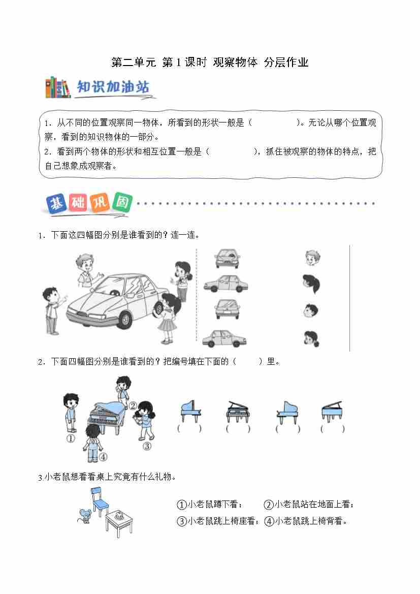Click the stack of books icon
tap(58, 87)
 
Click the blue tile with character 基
tap(57, 204)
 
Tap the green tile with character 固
tap(122, 202)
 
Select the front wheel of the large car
tap(124, 319)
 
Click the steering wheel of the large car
tap(112, 293)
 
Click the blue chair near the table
tap(99, 502)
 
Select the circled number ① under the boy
tap(71, 439)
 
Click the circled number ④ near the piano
tap(104, 457)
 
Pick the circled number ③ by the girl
tap(147, 446)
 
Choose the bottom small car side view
tap(224, 338)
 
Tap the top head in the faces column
tap(312, 258)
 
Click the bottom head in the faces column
tap(311, 339)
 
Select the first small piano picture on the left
tap(190, 411)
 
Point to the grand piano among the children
tap(107, 417)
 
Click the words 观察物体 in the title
tap(235, 62)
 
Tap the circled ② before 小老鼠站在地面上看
tap(268, 505)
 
